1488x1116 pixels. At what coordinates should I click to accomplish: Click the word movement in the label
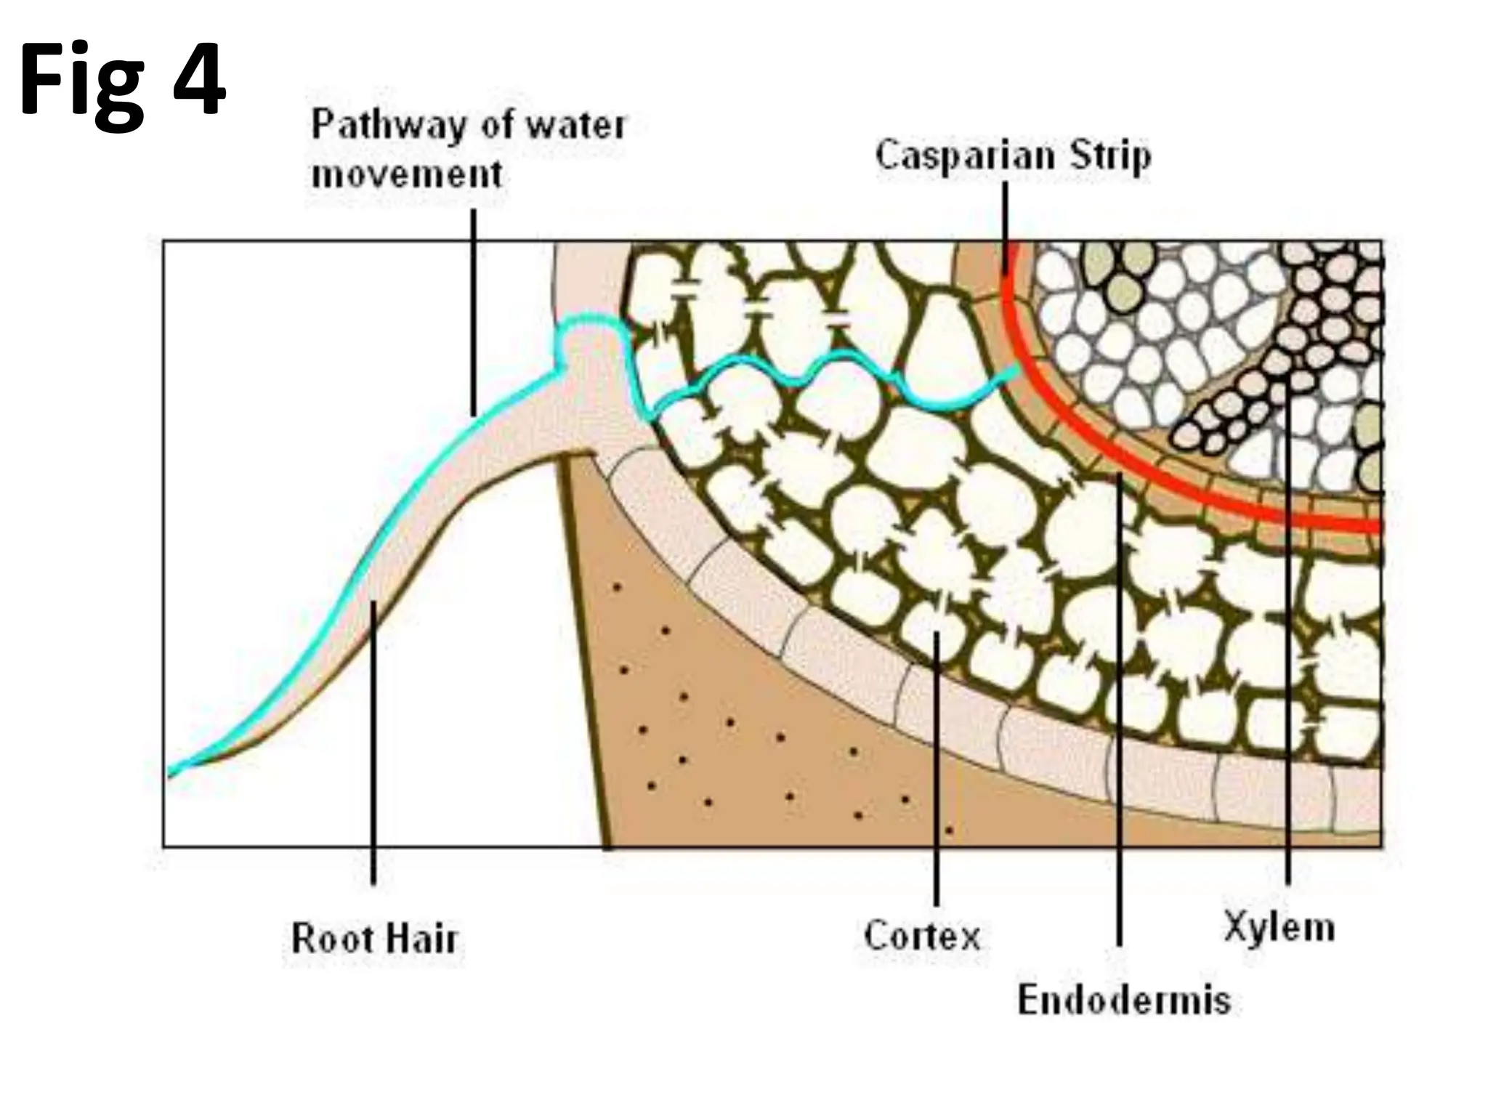pos(407,174)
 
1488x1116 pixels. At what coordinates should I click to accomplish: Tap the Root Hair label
pos(374,938)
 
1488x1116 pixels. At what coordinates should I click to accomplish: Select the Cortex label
pos(922,935)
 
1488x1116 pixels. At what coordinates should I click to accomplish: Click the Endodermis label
pos(1123,1000)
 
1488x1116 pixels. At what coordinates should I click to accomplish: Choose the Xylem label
pos(1279,927)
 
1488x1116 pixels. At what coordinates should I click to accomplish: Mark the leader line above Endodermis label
pos(1119,727)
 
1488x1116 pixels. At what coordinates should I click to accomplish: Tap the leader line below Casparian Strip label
pos(1006,225)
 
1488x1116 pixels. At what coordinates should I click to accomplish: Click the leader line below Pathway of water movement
pos(474,312)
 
